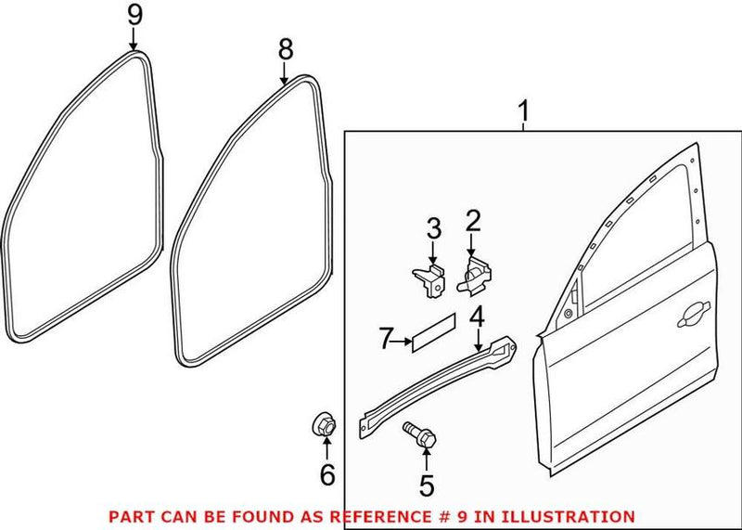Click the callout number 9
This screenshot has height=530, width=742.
(134, 15)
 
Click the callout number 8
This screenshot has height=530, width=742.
(286, 47)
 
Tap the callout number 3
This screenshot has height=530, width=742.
(432, 226)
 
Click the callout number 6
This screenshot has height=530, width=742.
(326, 475)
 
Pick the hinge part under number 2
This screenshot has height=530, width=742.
(476, 275)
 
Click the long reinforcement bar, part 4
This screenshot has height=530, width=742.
(436, 380)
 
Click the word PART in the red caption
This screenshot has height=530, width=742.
(131, 516)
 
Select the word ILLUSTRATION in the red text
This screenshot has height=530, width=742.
(580, 516)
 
